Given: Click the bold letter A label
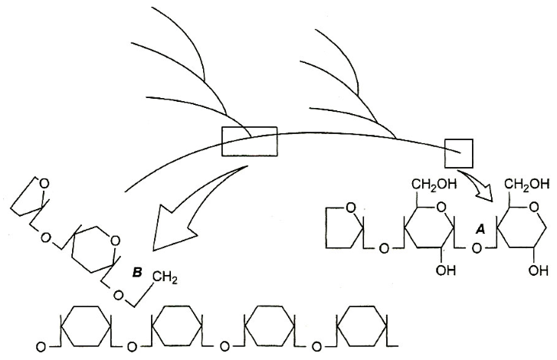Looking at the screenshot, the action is tap(480, 230).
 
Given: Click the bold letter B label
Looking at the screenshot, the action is tap(137, 273).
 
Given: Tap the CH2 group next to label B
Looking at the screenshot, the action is tap(165, 277).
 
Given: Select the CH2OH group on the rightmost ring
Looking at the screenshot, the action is tap(527, 185).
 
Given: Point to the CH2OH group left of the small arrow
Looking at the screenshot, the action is tap(434, 185).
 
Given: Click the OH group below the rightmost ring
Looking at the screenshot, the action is tap(538, 270).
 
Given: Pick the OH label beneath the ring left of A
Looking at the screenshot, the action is tap(445, 270).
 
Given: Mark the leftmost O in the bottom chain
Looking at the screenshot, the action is tap(41, 347).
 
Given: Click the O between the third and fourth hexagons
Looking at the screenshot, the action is tap(316, 346).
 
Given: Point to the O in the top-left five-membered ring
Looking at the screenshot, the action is tap(44, 184).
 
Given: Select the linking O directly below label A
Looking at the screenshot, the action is tap(477, 248).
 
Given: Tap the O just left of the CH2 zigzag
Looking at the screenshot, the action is tap(120, 296).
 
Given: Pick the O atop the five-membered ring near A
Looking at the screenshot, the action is tap(350, 208).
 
